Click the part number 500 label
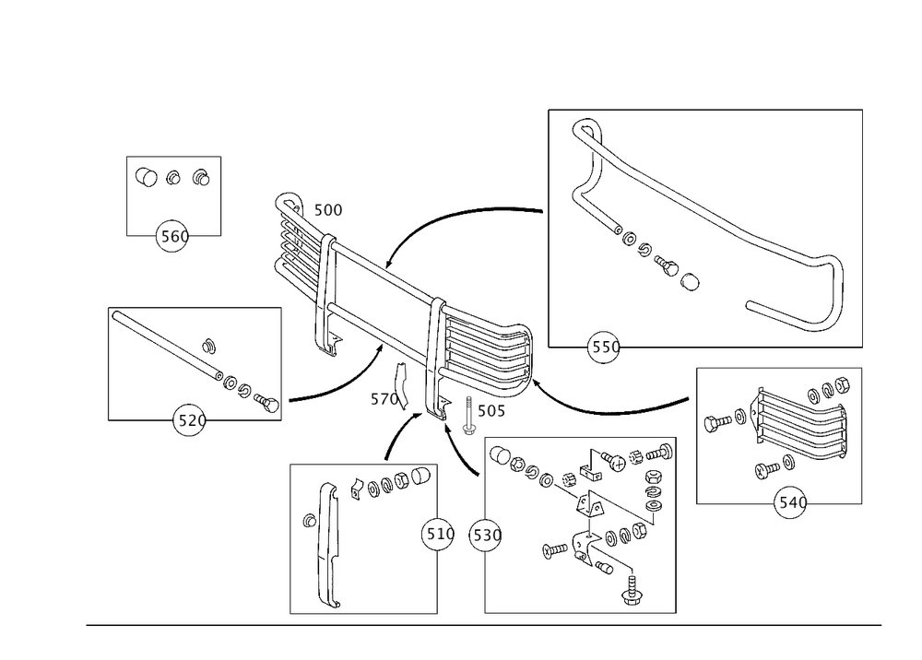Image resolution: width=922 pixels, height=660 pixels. point(329,211)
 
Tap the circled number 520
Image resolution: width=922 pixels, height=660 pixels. point(190,421)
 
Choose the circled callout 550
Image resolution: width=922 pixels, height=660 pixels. point(604,346)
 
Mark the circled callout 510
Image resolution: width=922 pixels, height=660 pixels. point(438,534)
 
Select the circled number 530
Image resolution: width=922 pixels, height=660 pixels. point(486,534)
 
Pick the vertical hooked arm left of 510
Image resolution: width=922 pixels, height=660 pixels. point(323,544)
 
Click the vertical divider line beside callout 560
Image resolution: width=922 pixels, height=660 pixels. point(223,195)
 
